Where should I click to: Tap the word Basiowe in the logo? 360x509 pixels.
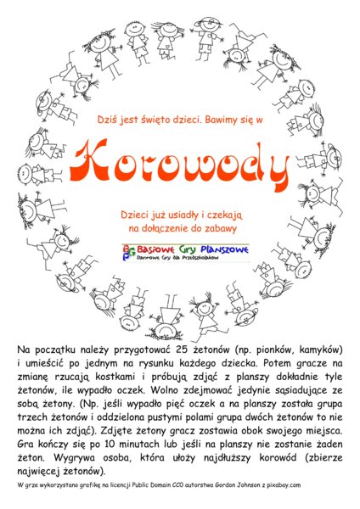(155, 250)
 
